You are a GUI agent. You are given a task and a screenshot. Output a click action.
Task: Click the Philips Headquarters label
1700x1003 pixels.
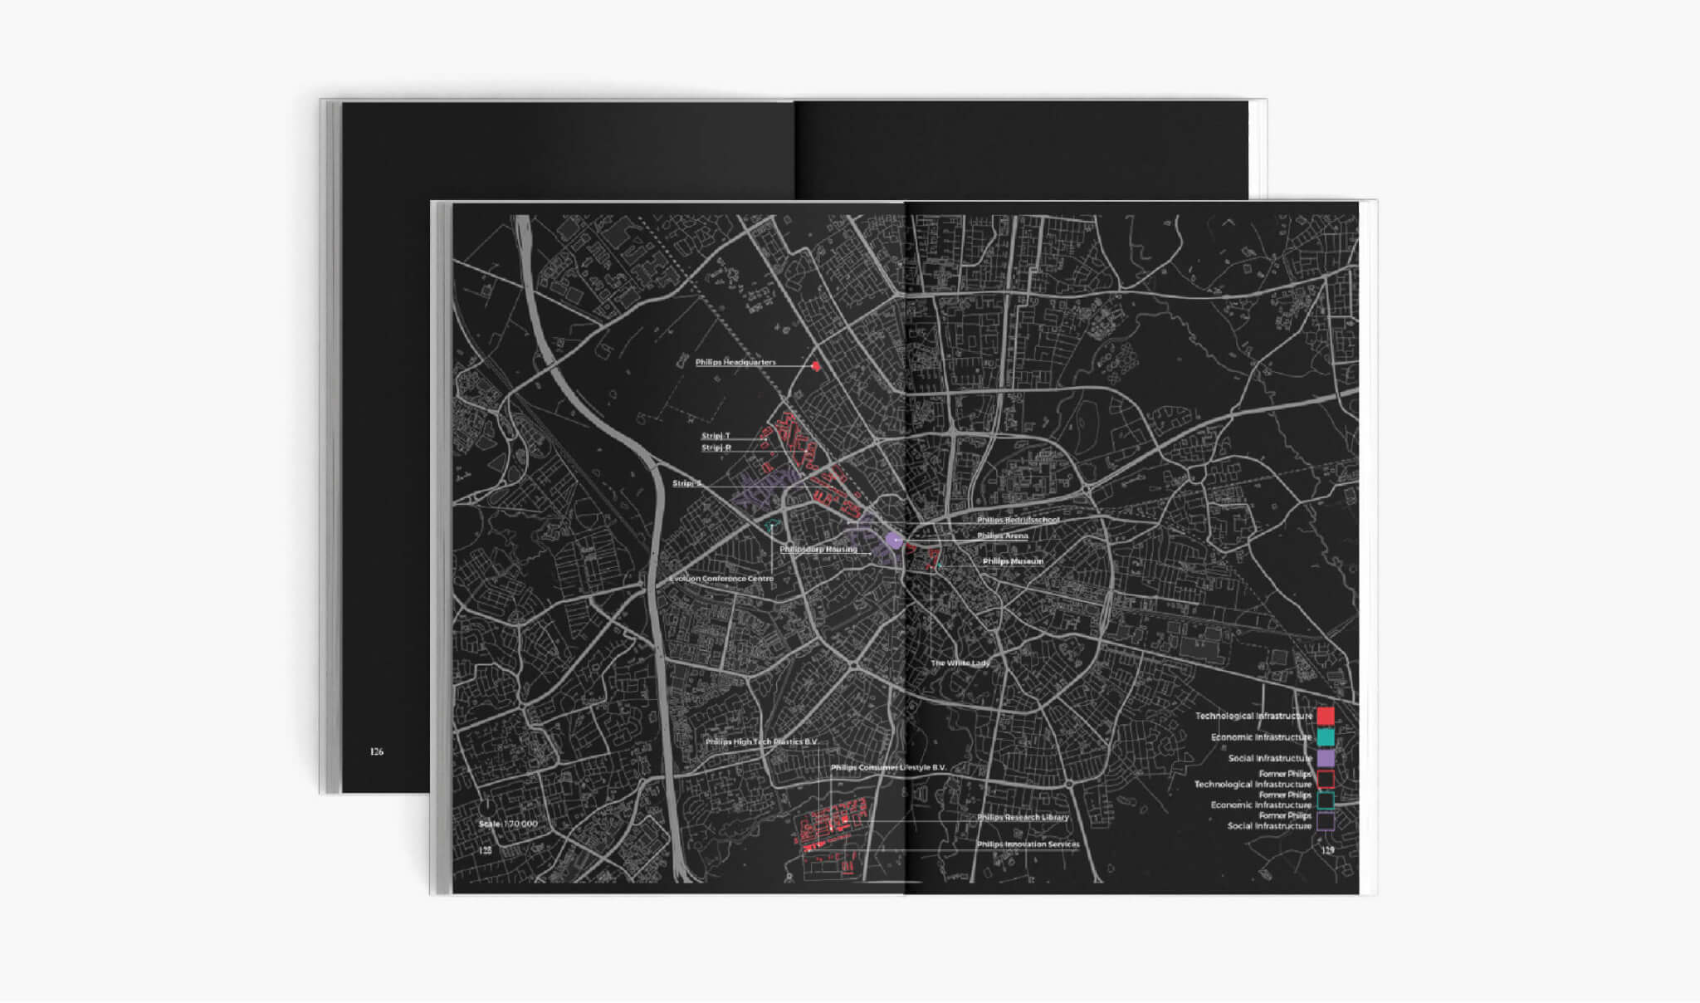735,362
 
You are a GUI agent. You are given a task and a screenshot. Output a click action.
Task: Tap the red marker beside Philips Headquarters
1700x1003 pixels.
816,365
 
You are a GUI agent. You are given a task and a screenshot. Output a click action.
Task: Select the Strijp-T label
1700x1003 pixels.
716,436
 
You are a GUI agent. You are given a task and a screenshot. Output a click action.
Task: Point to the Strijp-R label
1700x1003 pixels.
716,448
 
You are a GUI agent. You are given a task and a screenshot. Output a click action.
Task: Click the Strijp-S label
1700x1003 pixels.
686,483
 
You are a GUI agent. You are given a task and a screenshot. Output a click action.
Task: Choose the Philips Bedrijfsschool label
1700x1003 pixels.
1018,520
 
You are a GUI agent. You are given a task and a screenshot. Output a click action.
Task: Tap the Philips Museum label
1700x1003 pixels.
1013,561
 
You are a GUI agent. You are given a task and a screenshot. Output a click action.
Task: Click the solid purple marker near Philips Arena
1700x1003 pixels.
894,541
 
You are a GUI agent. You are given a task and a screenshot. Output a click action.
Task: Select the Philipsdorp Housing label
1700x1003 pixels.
818,549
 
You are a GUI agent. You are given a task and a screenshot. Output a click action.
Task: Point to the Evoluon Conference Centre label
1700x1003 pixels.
721,579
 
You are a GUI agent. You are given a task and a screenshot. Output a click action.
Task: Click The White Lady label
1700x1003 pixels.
960,663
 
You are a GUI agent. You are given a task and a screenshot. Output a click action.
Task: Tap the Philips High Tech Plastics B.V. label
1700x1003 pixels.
761,741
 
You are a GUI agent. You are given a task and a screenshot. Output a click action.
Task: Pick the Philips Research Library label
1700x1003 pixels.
1023,817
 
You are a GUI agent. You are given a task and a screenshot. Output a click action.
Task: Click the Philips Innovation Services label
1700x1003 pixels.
1028,844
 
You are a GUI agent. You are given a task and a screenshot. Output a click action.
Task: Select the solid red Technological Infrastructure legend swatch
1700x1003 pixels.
1326,716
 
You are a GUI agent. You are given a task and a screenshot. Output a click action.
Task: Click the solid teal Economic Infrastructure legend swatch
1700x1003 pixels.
1326,736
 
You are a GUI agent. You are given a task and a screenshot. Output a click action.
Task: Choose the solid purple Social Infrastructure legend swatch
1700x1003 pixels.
1326,758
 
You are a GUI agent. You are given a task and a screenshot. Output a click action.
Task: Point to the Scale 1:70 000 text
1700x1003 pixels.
508,824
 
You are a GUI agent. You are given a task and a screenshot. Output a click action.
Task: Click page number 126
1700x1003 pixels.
377,751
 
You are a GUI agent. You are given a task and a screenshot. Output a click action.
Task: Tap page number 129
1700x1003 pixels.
1327,850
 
